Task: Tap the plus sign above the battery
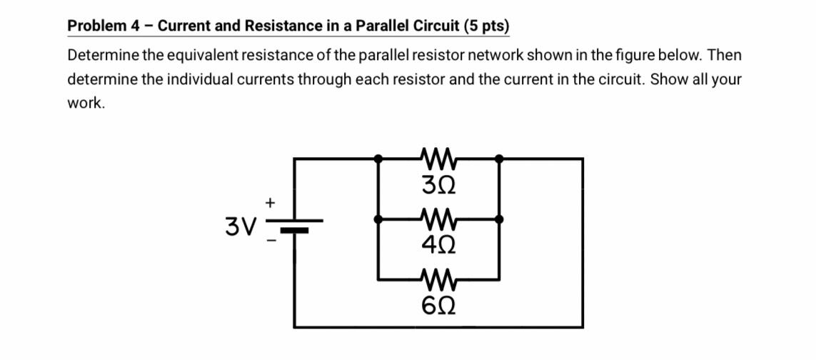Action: coord(271,203)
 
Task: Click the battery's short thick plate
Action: coord(294,230)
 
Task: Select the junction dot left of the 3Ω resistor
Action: coord(378,158)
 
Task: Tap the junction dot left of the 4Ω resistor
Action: coord(378,219)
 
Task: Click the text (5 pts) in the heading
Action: coord(486,26)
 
